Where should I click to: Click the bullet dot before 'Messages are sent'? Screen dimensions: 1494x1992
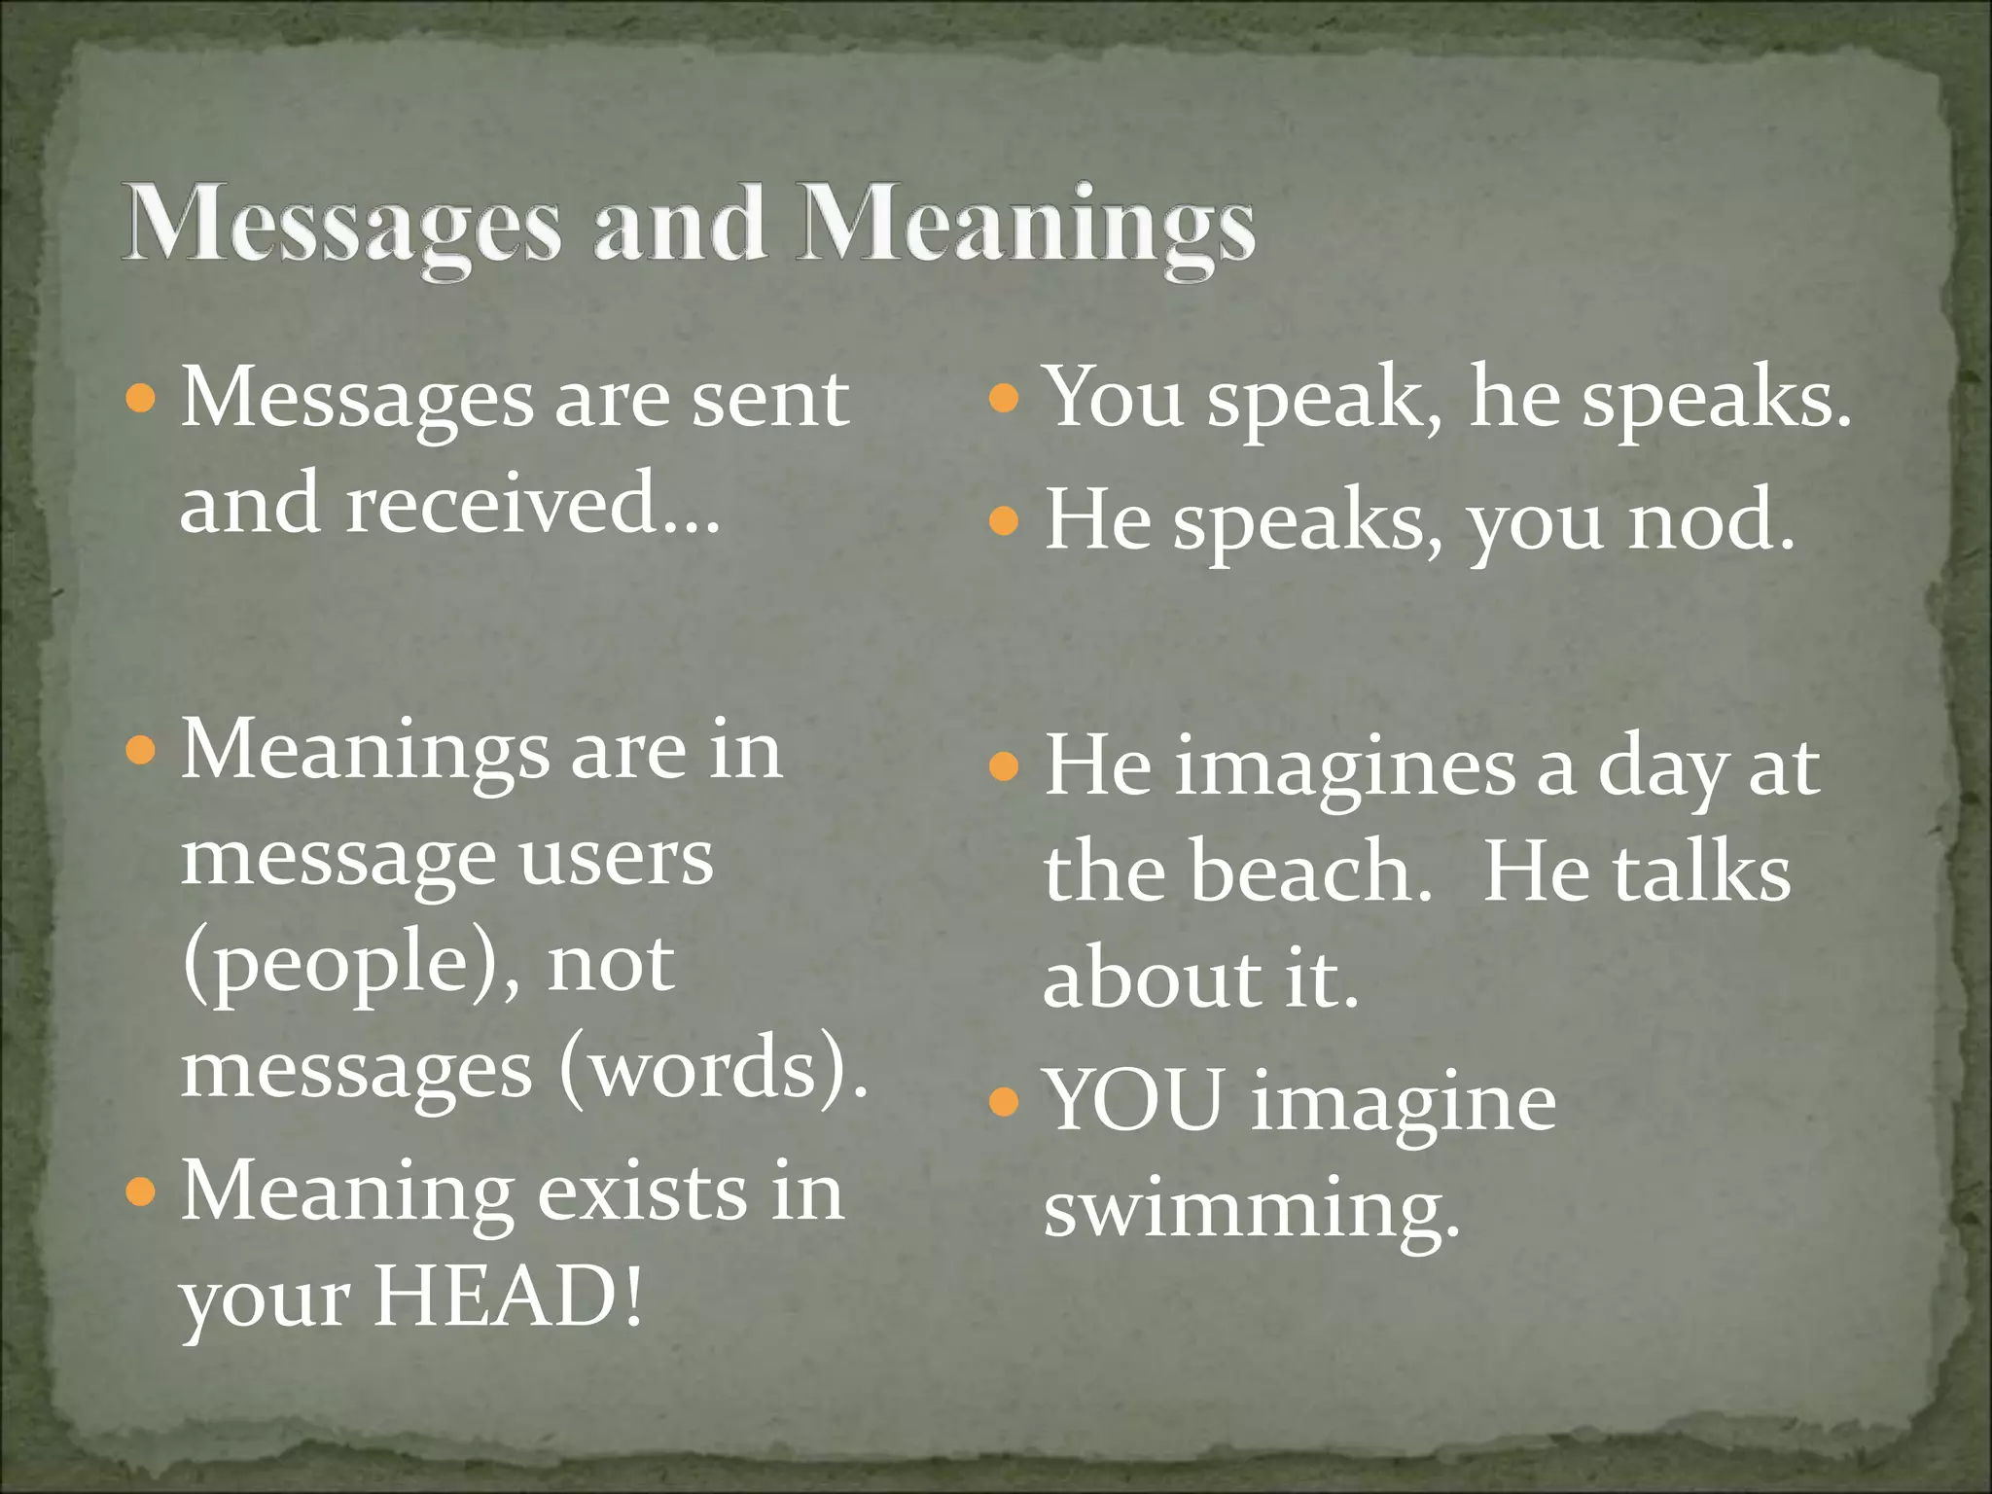tap(141, 398)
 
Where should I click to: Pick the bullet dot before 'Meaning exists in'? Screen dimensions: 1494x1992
tap(141, 1192)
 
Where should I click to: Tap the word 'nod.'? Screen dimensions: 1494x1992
tap(1711, 521)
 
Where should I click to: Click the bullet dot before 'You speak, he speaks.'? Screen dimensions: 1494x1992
tap(1003, 398)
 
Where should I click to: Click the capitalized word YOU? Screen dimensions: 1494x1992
tap(1133, 1101)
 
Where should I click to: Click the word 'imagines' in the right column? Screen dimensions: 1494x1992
tap(1345, 768)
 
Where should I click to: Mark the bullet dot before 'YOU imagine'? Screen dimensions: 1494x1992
tap(1003, 1102)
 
